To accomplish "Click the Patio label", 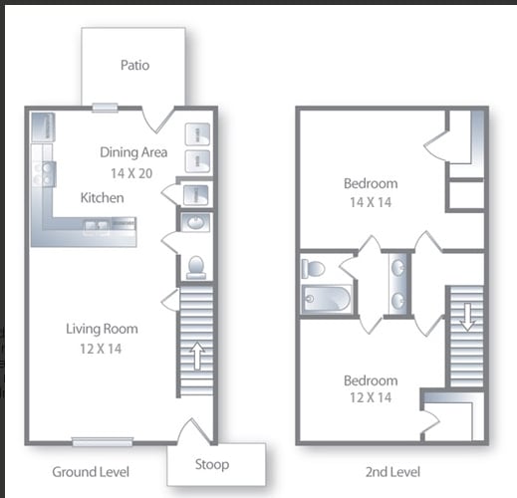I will click(134, 66).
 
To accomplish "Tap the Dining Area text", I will click(133, 153).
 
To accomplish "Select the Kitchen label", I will click(103, 198).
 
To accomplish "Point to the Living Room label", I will click(102, 329).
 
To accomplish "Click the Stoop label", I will click(211, 464).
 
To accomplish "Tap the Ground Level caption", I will click(91, 471).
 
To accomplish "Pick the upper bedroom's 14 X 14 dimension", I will click(371, 202).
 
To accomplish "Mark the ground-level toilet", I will click(195, 267).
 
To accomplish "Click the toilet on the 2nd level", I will click(313, 268).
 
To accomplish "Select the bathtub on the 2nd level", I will click(327, 299).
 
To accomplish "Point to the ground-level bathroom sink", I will click(195, 221).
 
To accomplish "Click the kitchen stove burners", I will click(45, 174).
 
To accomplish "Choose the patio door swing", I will click(159, 119).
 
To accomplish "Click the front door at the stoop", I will click(193, 430).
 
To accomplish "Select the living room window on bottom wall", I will click(102, 442).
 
